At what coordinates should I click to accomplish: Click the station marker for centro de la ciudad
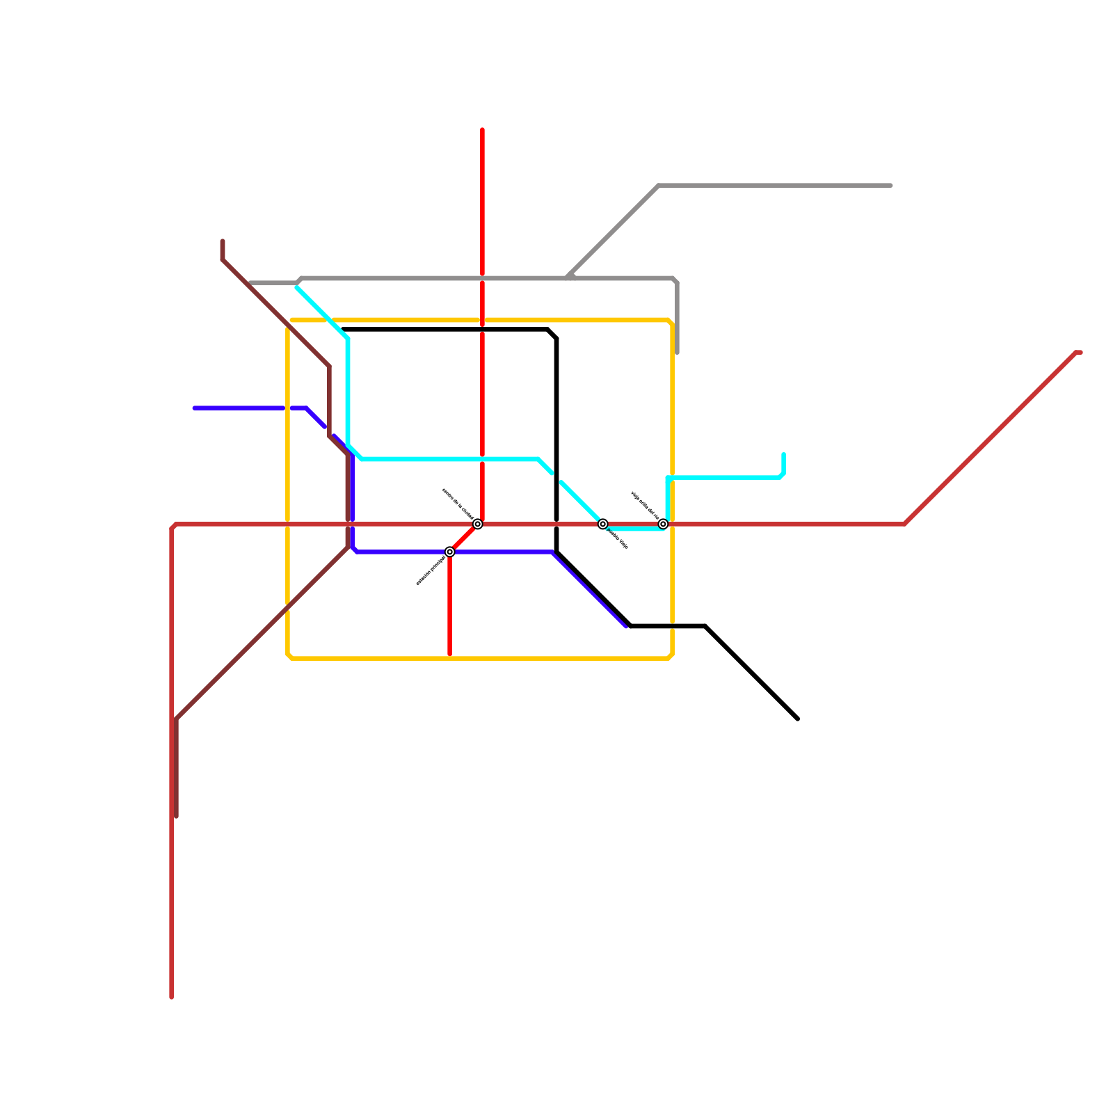[x=478, y=524]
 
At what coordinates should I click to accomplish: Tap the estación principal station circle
[x=450, y=552]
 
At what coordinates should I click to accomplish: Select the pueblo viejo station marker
[x=603, y=524]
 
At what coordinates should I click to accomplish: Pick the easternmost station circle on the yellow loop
[x=664, y=524]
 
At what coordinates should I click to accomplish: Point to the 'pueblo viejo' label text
[x=618, y=539]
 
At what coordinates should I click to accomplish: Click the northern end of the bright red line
[x=482, y=130]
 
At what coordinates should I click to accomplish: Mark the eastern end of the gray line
[x=891, y=186]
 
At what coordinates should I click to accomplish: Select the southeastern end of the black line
[x=798, y=719]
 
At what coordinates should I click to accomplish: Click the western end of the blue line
[x=195, y=408]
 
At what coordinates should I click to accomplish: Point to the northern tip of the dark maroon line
[x=223, y=241]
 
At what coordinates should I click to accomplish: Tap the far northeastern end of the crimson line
[x=1080, y=353]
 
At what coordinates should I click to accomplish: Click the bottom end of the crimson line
[x=172, y=998]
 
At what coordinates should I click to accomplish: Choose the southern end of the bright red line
[x=450, y=655]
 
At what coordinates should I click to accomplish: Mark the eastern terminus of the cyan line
[x=784, y=455]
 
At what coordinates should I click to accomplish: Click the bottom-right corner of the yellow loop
[x=671, y=657]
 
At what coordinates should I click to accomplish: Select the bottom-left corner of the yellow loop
[x=289, y=657]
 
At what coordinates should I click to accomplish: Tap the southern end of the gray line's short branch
[x=678, y=353]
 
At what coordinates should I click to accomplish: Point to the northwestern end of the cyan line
[x=298, y=288]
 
